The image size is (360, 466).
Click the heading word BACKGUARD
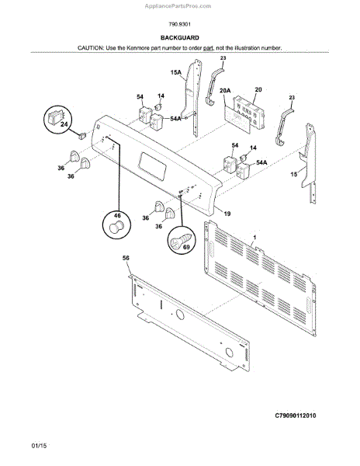[x=179, y=37]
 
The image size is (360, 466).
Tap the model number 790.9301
[x=179, y=23]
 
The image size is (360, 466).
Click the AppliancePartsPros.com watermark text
[x=179, y=5]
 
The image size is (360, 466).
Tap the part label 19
[x=227, y=213]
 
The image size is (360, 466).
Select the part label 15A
[x=175, y=73]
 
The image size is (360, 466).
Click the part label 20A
[x=226, y=91]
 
